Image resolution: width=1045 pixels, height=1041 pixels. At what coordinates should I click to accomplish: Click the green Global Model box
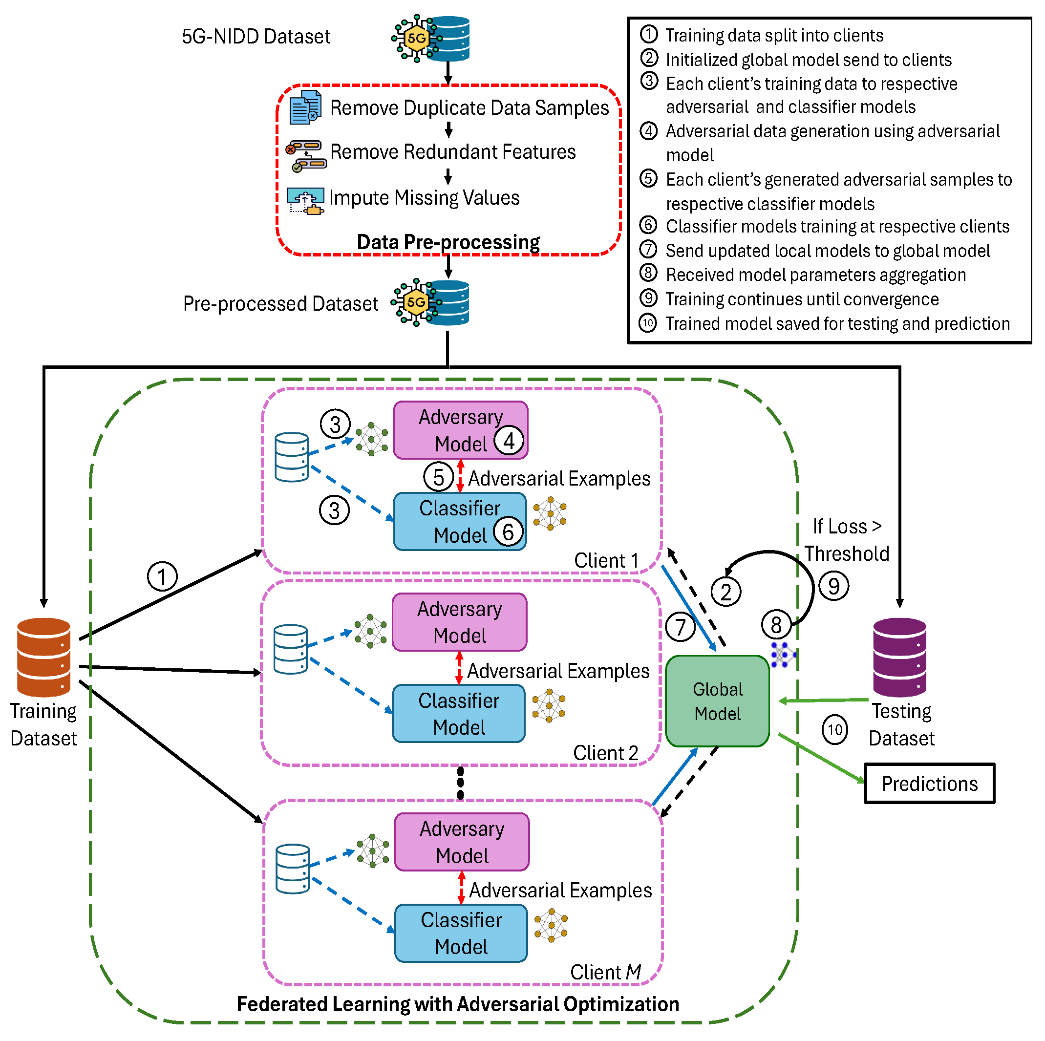(717, 701)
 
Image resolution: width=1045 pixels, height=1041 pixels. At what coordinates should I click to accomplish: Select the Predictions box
(929, 783)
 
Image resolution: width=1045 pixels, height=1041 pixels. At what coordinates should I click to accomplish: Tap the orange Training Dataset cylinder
(44, 657)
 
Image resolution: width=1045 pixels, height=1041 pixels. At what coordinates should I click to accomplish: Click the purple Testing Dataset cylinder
(899, 657)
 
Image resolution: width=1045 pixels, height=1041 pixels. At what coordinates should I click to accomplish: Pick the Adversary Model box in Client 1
(460, 430)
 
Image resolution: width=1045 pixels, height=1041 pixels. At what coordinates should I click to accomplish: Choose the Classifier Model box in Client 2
(458, 713)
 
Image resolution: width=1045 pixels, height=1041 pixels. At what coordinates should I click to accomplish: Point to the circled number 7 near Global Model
(680, 627)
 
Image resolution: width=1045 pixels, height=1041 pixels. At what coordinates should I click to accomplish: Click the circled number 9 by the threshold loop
(833, 586)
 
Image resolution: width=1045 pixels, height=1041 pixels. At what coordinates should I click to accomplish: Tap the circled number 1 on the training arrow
(162, 576)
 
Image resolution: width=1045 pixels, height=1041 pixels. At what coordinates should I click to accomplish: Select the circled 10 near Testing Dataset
(834, 729)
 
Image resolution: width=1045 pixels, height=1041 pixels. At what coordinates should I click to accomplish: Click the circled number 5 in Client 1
(438, 477)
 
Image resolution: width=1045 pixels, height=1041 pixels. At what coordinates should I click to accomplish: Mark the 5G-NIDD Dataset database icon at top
(431, 38)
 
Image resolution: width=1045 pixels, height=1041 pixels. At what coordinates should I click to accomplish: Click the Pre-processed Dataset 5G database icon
(431, 302)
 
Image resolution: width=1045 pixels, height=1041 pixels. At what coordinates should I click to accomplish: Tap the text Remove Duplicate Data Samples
(469, 107)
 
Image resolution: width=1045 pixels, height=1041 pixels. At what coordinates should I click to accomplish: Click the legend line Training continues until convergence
(801, 299)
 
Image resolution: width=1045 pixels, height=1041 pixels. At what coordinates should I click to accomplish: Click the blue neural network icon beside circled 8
(782, 655)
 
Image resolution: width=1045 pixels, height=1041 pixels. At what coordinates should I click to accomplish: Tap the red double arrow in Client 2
(459, 668)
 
